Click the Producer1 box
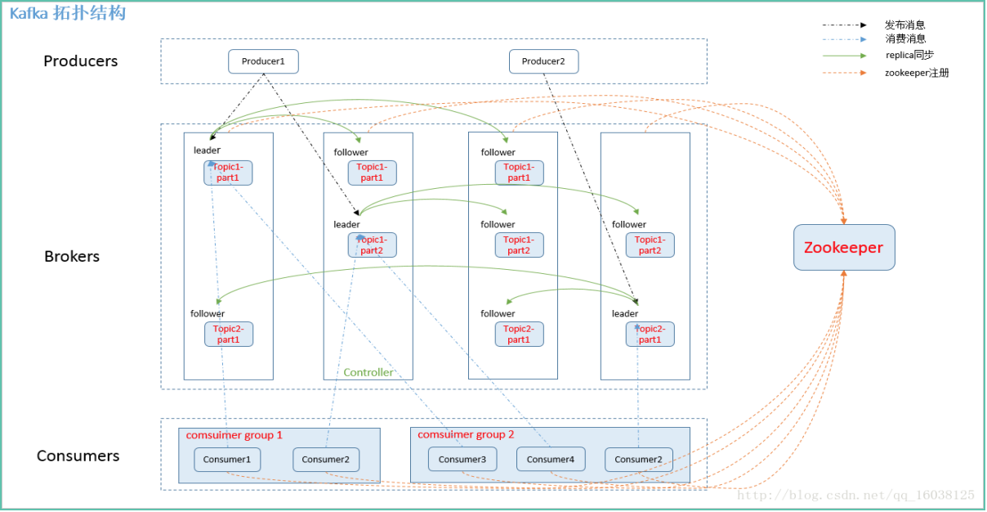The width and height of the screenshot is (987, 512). click(263, 61)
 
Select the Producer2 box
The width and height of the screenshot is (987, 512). click(543, 61)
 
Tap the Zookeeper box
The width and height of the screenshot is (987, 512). click(844, 248)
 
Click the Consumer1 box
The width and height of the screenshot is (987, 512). click(227, 459)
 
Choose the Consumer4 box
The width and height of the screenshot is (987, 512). click(551, 459)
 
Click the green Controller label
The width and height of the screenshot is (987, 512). click(368, 372)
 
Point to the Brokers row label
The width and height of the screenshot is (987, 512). click(72, 256)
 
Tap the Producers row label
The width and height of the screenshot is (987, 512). click(80, 61)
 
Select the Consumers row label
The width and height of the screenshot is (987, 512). click(78, 456)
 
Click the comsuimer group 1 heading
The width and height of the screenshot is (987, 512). click(234, 435)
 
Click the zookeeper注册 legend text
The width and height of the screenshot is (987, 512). click(917, 73)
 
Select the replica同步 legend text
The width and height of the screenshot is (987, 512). click(910, 56)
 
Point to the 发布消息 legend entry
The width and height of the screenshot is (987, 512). click(904, 25)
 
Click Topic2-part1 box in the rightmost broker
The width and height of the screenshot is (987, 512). click(650, 334)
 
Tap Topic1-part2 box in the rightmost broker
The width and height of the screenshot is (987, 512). click(650, 245)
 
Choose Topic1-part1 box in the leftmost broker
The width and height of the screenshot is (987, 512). click(228, 173)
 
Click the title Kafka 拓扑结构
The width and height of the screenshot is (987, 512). click(68, 13)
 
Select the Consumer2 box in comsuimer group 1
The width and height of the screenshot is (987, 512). click(325, 459)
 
